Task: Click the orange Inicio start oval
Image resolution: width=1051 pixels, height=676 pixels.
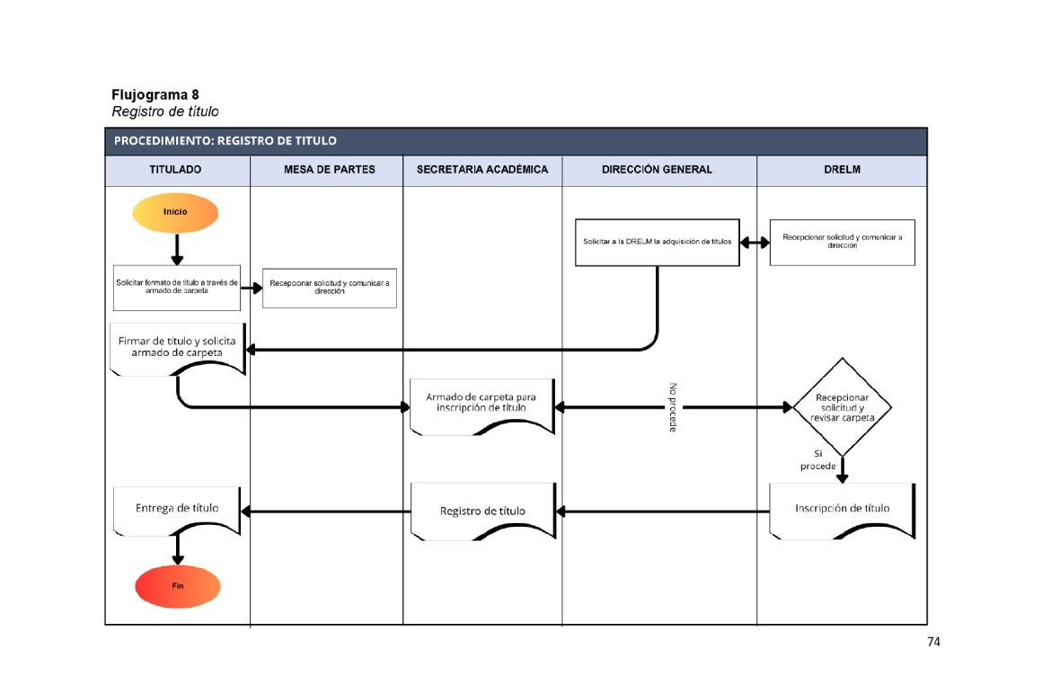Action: tap(175, 212)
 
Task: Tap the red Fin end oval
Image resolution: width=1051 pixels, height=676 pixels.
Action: tap(178, 586)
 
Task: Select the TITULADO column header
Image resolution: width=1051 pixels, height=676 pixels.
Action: tap(175, 169)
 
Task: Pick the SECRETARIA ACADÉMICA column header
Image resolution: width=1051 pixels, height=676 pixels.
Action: tap(482, 169)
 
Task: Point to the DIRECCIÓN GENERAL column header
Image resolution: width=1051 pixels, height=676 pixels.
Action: tap(658, 169)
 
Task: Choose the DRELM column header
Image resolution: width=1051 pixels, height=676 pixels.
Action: tap(842, 169)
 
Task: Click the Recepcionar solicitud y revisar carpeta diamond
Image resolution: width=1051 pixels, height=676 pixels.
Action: tap(842, 407)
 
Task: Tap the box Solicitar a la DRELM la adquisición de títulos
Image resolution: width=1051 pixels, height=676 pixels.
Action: tap(657, 242)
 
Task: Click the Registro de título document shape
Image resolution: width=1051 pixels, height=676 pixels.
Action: tap(482, 511)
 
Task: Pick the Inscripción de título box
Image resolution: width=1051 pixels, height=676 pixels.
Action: tap(842, 509)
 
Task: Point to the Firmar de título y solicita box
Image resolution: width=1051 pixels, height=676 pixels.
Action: tap(178, 347)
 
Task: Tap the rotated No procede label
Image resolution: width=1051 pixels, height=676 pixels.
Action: tap(673, 407)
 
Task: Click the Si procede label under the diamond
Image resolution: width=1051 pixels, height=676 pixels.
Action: tap(817, 460)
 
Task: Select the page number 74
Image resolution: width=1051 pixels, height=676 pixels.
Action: tap(933, 642)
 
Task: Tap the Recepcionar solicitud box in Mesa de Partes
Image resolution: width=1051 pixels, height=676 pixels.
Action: tap(329, 288)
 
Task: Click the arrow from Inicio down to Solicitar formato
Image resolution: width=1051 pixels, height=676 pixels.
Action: tap(177, 248)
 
